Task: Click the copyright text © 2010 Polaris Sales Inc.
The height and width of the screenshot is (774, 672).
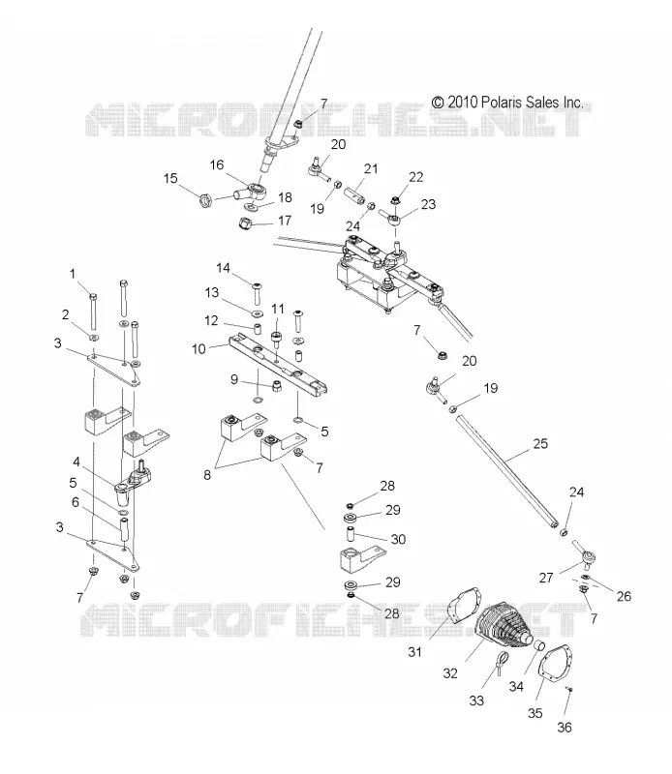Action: click(x=507, y=103)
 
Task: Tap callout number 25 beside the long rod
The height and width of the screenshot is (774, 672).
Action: click(x=540, y=443)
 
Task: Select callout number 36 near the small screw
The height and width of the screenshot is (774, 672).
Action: click(x=565, y=728)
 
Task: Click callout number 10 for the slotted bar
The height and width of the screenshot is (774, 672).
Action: click(x=199, y=349)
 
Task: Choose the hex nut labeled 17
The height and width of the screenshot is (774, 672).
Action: click(x=246, y=223)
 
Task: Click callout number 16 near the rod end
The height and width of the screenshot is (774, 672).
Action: click(x=217, y=164)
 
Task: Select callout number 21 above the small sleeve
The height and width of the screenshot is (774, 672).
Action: click(x=371, y=168)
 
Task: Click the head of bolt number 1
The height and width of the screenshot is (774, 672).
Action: click(x=93, y=297)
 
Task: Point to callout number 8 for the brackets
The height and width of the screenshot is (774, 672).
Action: click(x=207, y=475)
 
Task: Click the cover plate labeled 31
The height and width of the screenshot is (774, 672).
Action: click(x=464, y=608)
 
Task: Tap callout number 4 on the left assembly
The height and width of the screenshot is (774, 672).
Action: click(x=76, y=462)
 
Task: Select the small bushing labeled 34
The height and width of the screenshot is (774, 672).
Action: click(x=538, y=646)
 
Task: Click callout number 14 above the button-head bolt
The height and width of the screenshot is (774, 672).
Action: click(x=224, y=268)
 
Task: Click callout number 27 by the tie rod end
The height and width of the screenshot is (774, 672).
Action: click(x=546, y=578)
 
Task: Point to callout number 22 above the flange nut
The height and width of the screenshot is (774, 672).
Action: click(x=416, y=177)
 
